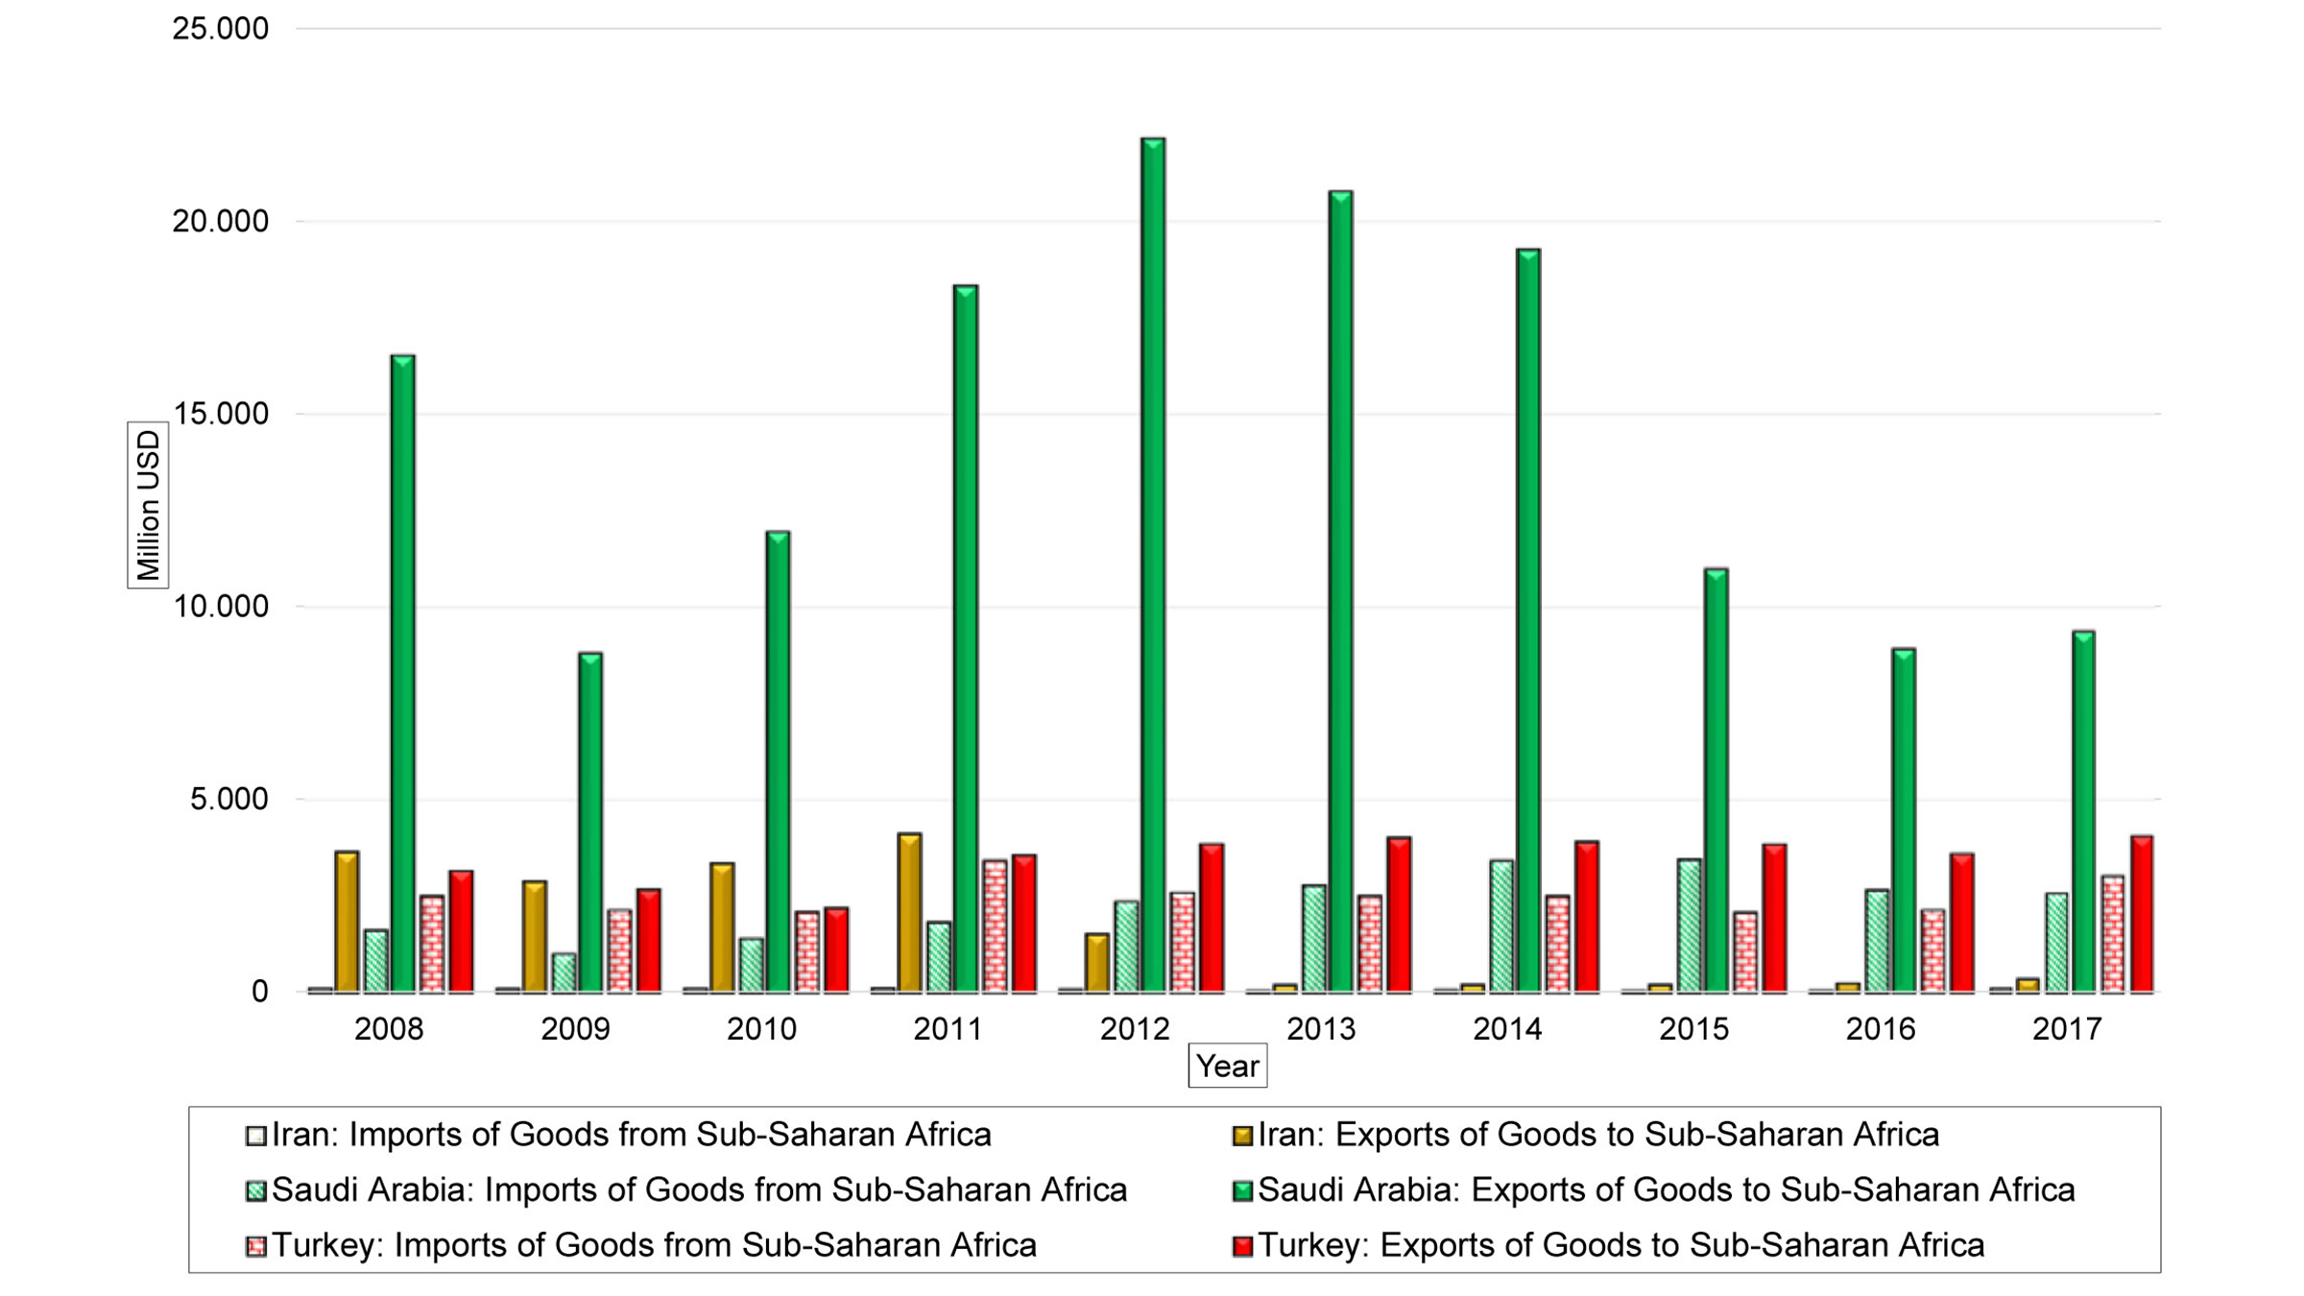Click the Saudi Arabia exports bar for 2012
pos(1152,566)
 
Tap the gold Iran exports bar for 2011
pos(909,912)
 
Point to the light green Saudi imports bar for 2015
pos(1689,925)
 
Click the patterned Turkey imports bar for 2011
pos(995,926)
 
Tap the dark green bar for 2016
pos(1903,821)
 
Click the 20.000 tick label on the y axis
pos(220,222)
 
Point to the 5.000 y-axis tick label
pos(228,799)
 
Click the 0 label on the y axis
pos(259,992)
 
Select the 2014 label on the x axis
pos(1506,1030)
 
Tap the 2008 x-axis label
pos(388,1030)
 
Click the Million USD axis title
pos(148,505)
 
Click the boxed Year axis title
pos(1227,1066)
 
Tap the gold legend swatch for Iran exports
pos(1242,1136)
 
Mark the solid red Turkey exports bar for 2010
pos(835,950)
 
